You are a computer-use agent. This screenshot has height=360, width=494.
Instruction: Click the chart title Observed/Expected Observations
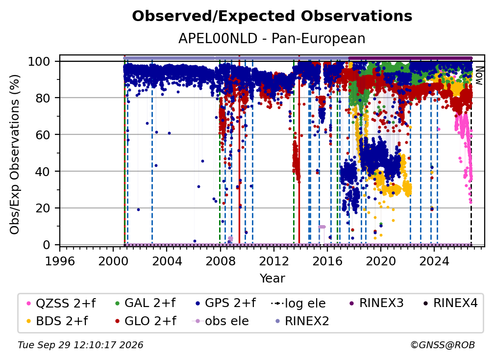coord(272,16)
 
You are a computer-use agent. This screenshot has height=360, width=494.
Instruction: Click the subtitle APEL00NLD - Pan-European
coord(272,39)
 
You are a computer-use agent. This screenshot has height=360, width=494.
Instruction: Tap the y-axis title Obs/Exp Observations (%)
coord(15,154)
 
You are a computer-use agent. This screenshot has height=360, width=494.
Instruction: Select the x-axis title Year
coord(272,279)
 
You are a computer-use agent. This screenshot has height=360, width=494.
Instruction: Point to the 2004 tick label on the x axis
coord(167,261)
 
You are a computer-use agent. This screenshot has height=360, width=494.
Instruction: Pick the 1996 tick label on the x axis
coord(60,261)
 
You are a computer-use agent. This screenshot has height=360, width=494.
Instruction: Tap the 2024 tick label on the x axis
coord(434,261)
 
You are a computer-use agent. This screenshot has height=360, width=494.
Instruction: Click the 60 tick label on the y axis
coord(43,134)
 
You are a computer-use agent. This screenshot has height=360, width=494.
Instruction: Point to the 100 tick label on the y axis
coord(39,61)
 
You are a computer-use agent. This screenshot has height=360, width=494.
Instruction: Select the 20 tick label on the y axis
coord(43,208)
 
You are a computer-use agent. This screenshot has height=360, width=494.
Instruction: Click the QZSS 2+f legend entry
coord(61,303)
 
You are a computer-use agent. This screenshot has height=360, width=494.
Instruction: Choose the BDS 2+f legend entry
coord(57,321)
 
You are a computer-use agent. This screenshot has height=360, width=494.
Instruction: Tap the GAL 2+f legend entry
coord(145,303)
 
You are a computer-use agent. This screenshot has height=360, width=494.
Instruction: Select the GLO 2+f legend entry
coord(145,321)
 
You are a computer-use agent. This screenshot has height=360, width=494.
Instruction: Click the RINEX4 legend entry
coord(450,303)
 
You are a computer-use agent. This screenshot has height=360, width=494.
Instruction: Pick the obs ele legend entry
coord(220,321)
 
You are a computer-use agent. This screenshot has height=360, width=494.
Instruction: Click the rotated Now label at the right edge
coord(479,76)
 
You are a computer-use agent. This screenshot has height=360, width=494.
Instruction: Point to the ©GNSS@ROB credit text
coord(443,345)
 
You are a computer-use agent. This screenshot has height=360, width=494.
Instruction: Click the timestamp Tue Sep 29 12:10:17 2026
coord(80,345)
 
